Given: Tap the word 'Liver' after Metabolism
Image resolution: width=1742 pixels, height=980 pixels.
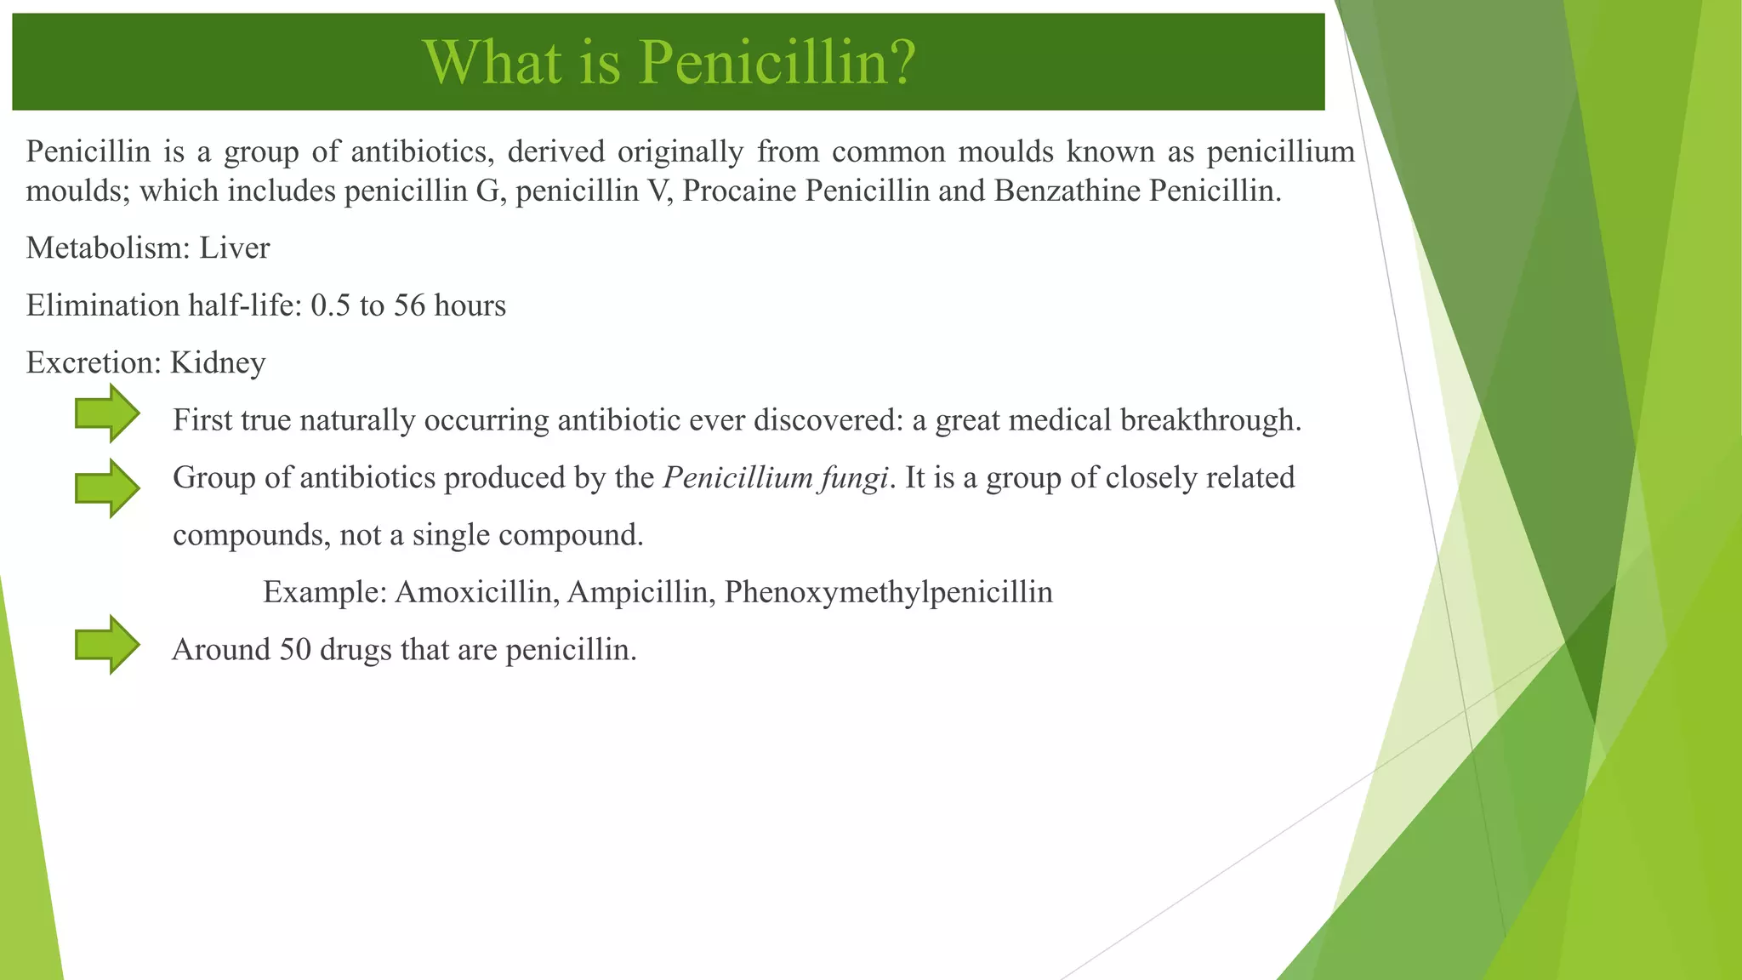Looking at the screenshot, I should point(235,248).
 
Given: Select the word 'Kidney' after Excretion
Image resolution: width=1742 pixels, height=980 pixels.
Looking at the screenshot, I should point(218,363).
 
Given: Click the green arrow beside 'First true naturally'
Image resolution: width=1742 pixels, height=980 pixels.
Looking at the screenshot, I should point(107,413).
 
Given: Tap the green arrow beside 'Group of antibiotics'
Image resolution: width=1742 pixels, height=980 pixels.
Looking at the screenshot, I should point(107,488).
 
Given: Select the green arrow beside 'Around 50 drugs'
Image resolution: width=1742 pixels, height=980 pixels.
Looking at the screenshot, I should point(107,645).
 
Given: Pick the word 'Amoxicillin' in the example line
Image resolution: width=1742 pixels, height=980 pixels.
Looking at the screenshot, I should point(474,592).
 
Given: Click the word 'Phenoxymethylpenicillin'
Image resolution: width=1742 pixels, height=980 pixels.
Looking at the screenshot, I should point(888,592).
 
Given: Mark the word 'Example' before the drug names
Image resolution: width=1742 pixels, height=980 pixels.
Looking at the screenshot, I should point(325,592).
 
